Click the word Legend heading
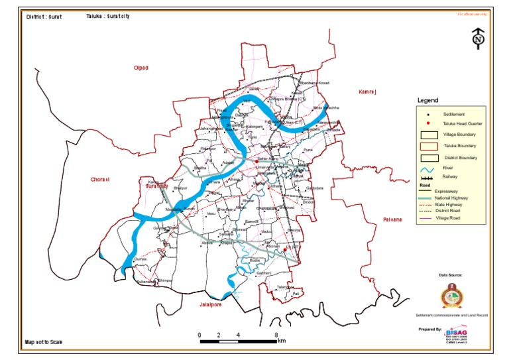428,101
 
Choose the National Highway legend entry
452,198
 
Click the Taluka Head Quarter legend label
457,124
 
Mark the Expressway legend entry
448,192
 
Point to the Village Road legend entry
448,217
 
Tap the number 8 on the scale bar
276,335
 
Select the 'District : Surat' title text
44,17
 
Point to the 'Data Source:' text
451,274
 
